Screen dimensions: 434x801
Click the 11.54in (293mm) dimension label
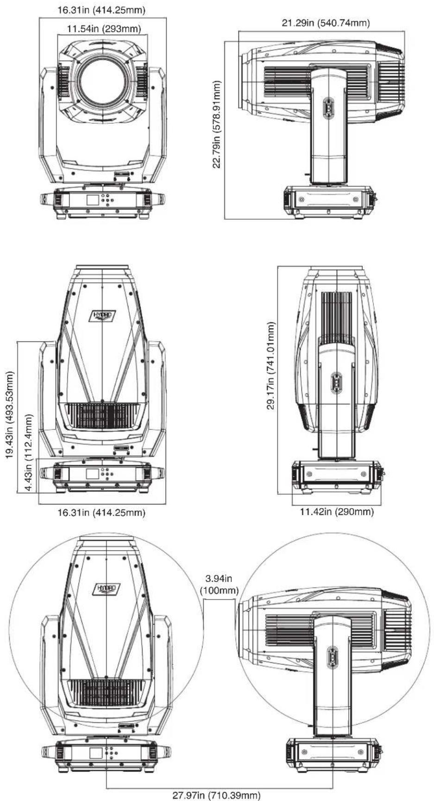click(x=104, y=29)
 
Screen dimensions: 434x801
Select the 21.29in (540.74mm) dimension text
click(x=326, y=23)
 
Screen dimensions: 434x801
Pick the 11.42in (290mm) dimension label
click(x=337, y=511)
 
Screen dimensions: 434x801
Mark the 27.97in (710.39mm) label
click(x=216, y=795)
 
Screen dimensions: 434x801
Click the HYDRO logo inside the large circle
click(x=107, y=588)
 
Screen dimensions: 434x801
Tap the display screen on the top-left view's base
click(x=93, y=200)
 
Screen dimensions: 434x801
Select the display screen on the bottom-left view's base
click(x=96, y=753)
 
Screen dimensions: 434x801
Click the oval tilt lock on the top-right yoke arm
click(x=328, y=108)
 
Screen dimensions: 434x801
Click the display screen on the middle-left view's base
click(x=93, y=474)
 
